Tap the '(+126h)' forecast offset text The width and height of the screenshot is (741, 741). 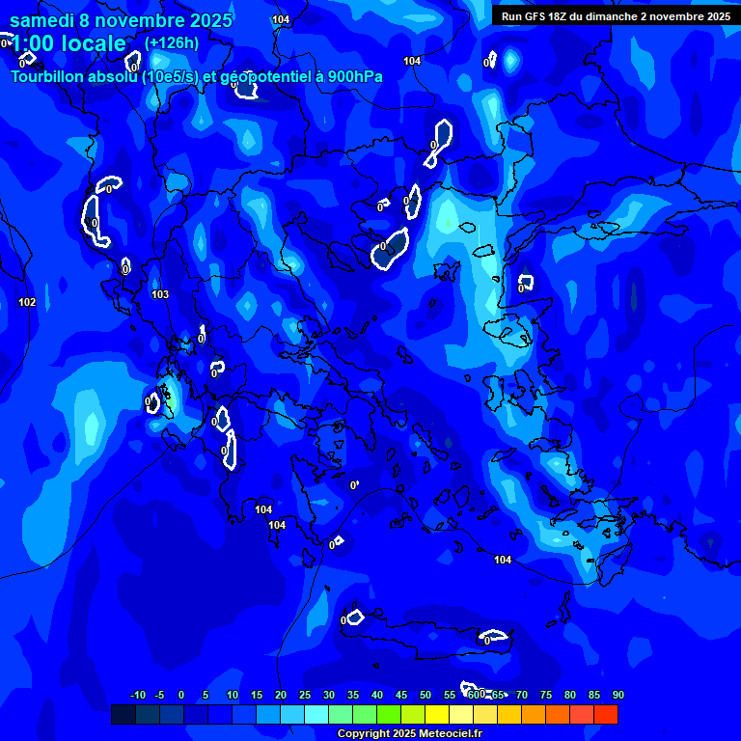pos(172,42)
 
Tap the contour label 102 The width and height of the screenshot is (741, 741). pos(27,302)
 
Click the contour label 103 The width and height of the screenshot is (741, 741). pos(160,294)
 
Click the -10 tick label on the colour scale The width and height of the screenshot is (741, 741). pos(137,695)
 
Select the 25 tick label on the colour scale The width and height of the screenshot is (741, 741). pos(305,695)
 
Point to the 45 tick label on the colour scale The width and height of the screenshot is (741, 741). pos(401,695)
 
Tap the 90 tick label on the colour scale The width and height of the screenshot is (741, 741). pos(618,695)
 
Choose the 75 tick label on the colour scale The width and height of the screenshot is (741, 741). pos(546,695)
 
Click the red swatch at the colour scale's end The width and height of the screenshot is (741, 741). pos(606,714)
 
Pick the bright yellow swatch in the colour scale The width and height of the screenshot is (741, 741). pos(437,714)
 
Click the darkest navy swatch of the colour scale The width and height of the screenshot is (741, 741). pos(123,714)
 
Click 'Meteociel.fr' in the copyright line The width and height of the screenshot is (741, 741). pos(449,734)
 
